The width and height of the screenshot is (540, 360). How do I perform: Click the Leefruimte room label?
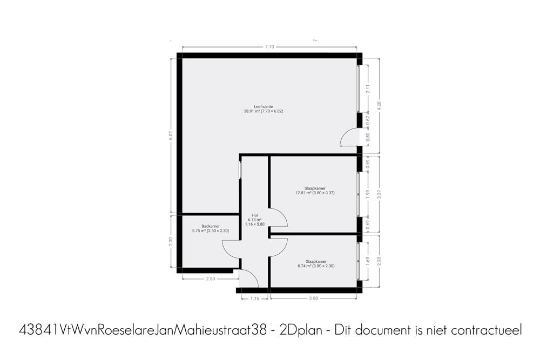coord(264,107)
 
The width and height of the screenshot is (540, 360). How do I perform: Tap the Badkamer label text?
coord(211,226)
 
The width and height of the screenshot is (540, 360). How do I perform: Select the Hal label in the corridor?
coord(254,215)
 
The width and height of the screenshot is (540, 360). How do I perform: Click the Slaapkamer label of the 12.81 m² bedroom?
coord(315,188)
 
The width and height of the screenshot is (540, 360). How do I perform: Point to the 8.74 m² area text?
coord(305,266)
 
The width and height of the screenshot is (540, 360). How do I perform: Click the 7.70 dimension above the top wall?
coord(269,47)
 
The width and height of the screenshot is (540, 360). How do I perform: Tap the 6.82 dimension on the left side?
coord(171,135)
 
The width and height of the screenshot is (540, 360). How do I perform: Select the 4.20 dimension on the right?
coord(380,106)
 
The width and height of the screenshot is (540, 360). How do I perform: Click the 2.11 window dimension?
coord(368,89)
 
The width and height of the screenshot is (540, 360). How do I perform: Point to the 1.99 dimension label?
coord(368,194)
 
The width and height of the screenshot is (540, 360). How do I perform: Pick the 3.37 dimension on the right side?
coord(380,194)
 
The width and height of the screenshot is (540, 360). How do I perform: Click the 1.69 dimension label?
coord(368,261)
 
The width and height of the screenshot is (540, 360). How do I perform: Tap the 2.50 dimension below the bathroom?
coord(210,279)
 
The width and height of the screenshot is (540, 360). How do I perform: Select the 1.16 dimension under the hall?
coord(254,298)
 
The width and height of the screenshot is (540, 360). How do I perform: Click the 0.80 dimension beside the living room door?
coord(368,137)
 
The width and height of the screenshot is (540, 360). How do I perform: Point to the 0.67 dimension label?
coord(368,120)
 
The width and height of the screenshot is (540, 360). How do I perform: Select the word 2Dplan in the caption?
coord(301,331)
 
